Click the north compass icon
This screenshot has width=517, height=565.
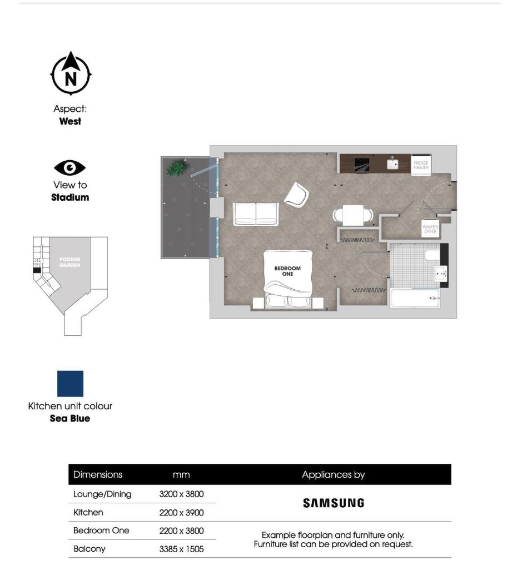(x=71, y=75)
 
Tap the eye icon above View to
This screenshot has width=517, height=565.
(x=70, y=167)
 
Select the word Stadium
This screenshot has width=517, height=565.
(x=70, y=197)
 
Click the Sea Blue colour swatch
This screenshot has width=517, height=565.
(x=70, y=384)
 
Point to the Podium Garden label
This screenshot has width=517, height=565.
(x=70, y=262)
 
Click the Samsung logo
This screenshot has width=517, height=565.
(x=334, y=503)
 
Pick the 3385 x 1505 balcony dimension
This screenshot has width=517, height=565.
(x=181, y=549)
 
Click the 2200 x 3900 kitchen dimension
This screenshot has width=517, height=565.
(x=181, y=512)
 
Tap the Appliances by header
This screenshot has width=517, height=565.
(x=334, y=475)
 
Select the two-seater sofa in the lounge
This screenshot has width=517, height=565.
(x=256, y=214)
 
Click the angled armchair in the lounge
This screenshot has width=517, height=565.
(x=296, y=194)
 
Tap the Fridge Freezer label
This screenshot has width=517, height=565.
(x=420, y=165)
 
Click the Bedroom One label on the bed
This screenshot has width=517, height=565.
(x=287, y=271)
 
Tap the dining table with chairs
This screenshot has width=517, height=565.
(x=352, y=215)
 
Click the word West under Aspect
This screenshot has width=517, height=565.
(x=70, y=121)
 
